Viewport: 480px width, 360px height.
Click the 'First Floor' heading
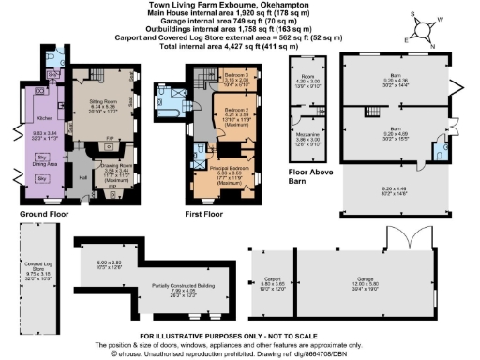click(203, 215)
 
